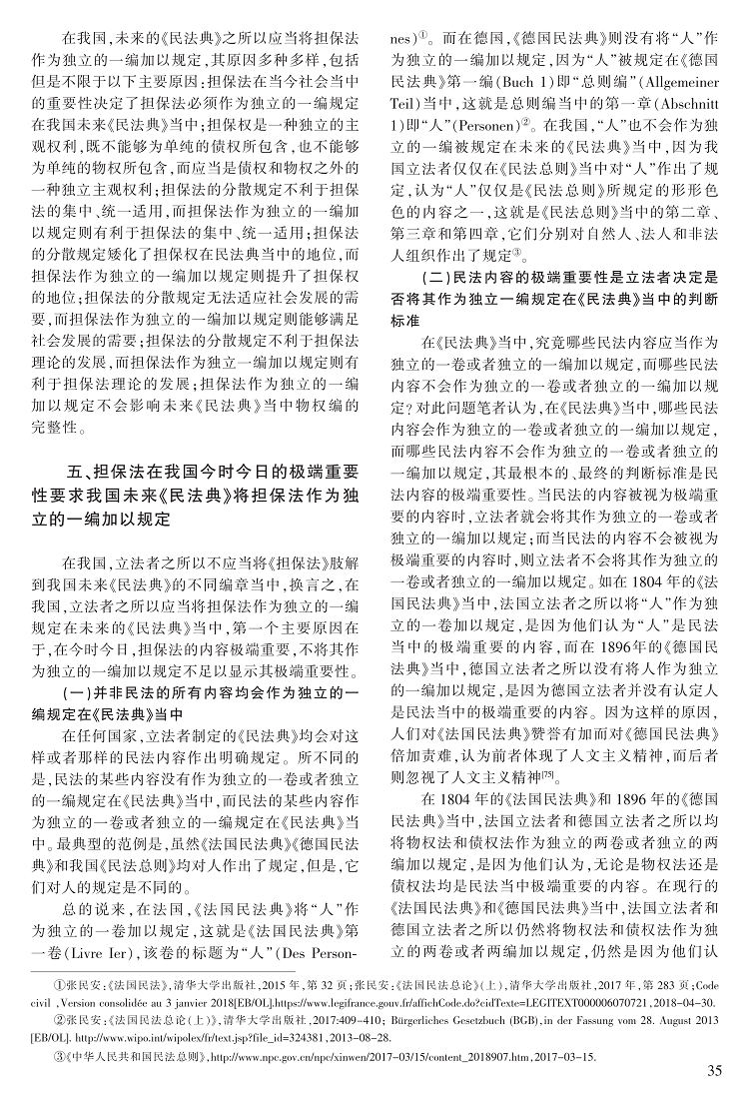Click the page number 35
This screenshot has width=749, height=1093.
coord(713,1072)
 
